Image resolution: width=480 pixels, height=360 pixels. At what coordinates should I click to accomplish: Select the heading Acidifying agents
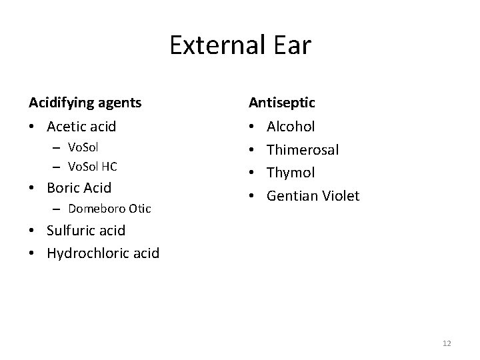[x=85, y=103]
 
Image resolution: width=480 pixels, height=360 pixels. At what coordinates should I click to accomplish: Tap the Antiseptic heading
[x=282, y=103]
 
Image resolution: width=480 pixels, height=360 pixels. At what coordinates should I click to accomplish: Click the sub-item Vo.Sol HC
[x=92, y=166]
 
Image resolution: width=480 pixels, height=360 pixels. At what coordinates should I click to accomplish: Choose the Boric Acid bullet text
[x=79, y=187]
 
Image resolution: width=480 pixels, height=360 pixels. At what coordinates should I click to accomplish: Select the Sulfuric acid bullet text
[x=86, y=231]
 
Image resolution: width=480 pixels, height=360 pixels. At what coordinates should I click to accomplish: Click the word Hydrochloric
[x=87, y=253]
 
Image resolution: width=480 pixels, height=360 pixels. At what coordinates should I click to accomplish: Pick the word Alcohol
[x=291, y=126]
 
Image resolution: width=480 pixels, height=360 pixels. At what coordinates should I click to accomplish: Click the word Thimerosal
[x=303, y=149]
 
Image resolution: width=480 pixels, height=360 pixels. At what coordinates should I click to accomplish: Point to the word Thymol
[x=291, y=172]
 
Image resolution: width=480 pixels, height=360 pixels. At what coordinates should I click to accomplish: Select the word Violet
[x=340, y=195]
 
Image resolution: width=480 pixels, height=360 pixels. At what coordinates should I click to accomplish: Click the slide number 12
[x=447, y=343]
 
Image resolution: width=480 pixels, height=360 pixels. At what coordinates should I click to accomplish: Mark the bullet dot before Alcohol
[x=252, y=126]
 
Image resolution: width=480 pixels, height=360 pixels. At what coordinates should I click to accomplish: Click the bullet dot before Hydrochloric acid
[x=33, y=253]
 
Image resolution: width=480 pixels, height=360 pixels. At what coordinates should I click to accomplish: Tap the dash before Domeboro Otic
[x=53, y=209]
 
